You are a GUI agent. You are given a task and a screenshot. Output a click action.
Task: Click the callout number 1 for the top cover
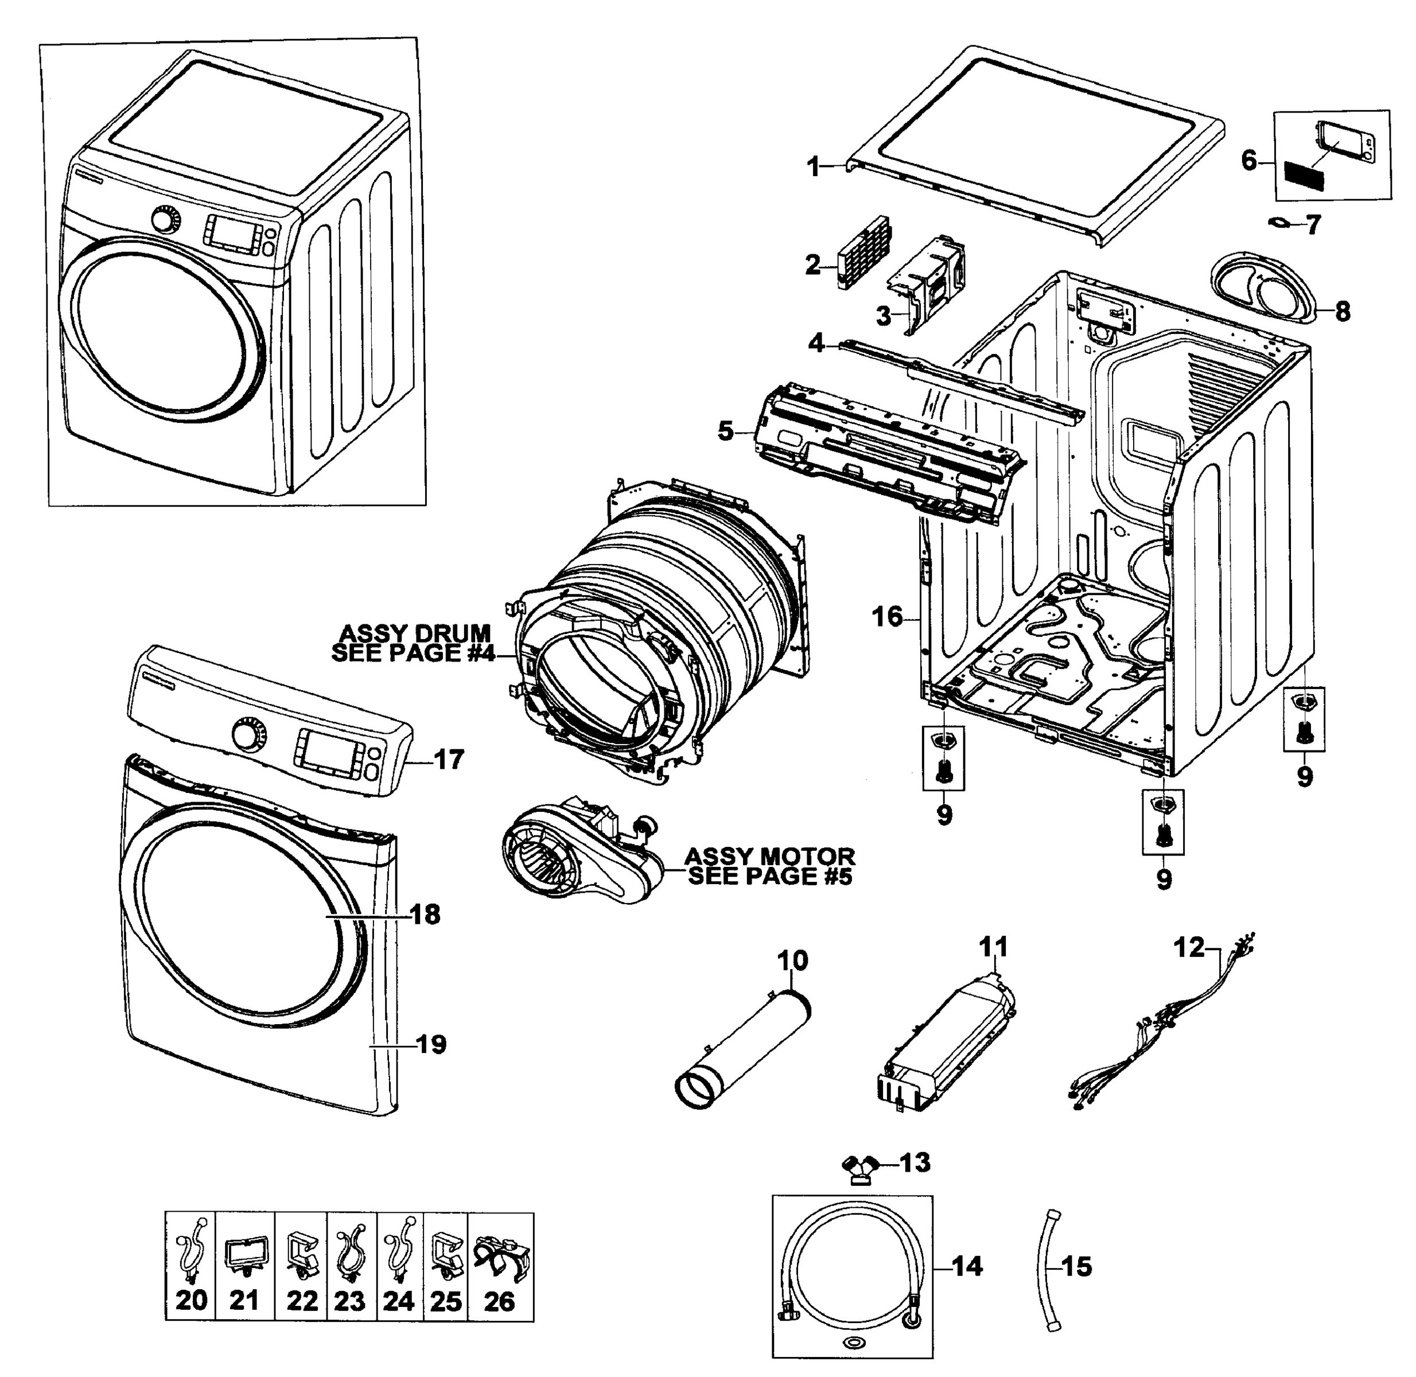pos(814,167)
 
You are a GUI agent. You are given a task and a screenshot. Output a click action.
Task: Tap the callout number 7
pos(1313,224)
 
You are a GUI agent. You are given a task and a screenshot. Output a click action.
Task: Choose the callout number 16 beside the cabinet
pos(888,617)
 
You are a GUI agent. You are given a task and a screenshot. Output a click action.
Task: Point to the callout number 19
pos(431,1044)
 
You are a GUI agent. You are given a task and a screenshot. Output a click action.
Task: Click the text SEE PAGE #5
pos(769,877)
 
